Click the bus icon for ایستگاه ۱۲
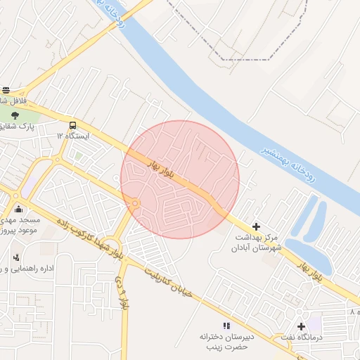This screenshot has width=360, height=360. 73,124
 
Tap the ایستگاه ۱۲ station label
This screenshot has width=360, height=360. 73,135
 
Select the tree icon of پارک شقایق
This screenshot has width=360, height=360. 15,115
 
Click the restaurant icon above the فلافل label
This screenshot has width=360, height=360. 6,90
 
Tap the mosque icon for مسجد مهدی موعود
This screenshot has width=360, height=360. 18,209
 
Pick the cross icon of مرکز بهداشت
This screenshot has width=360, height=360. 255,226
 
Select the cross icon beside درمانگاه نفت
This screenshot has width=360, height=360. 302,326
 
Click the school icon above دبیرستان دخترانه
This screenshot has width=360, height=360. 226,326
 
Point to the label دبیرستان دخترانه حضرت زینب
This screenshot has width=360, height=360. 226,342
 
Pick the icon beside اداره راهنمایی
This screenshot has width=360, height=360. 17,257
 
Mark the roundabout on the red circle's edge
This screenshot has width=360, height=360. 134,204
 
